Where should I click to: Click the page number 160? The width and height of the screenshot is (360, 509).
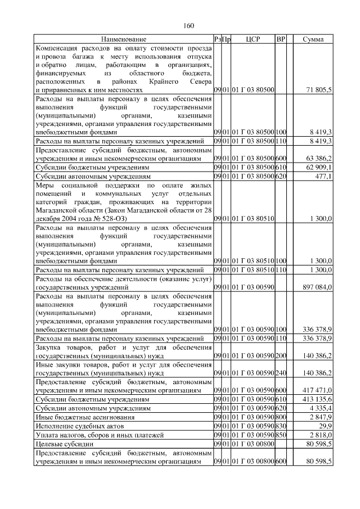[188, 25]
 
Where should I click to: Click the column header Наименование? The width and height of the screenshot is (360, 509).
[124, 39]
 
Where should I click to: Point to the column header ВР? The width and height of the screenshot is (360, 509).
[281, 39]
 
